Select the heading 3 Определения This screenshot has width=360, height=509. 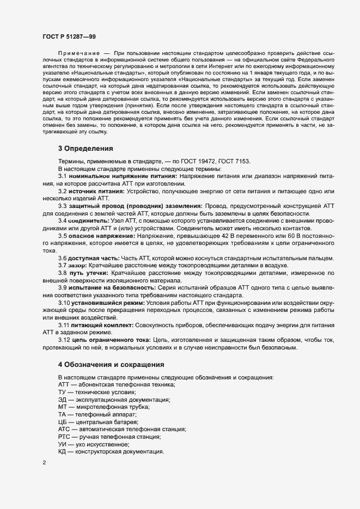pos(85,148)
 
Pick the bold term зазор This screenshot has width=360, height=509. pos(77,265)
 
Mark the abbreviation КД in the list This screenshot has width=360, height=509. pos(63,452)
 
